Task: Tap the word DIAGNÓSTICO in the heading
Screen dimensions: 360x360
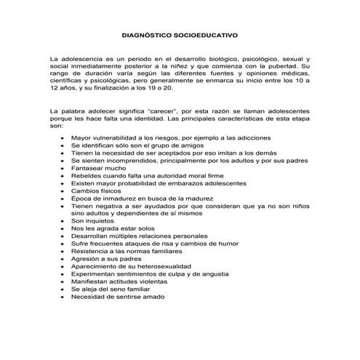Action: point(151,34)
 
